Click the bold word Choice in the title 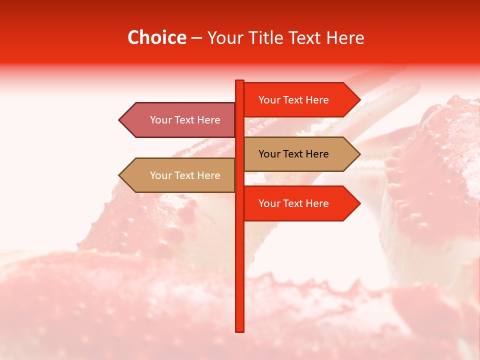(x=156, y=38)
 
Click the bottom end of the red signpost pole (x=240, y=330)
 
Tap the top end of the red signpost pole (x=240, y=81)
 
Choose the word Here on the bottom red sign (x=317, y=203)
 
